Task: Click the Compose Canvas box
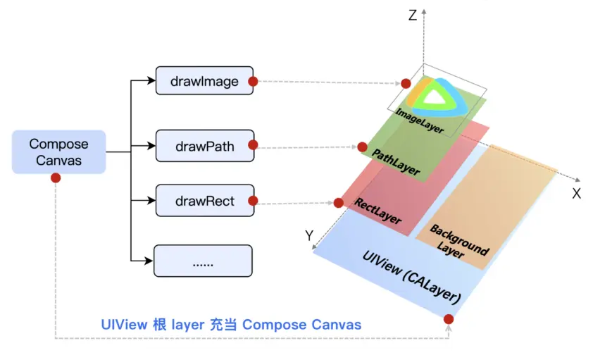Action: (x=58, y=152)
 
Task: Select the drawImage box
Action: (x=204, y=80)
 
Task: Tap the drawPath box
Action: (x=205, y=146)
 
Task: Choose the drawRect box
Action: (x=205, y=200)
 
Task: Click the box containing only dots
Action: (x=203, y=261)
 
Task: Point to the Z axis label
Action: (x=413, y=15)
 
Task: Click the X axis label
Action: (x=576, y=194)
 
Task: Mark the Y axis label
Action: (x=309, y=236)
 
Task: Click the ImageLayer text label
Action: (x=419, y=120)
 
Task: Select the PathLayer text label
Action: (x=396, y=162)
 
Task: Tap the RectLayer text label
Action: (x=377, y=211)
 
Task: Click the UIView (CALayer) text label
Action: (x=411, y=277)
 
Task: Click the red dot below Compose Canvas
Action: (x=56, y=178)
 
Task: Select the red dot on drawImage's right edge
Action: (x=253, y=81)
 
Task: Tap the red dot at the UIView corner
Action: (x=449, y=319)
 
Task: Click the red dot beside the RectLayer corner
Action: (x=339, y=203)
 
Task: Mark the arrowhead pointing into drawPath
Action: (x=151, y=146)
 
